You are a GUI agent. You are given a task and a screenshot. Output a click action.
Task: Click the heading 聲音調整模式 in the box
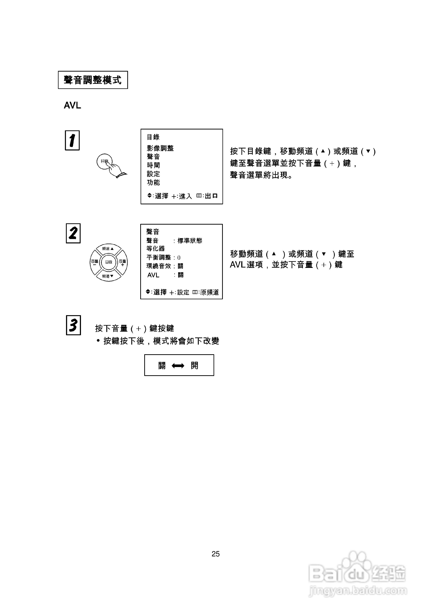(x=93, y=80)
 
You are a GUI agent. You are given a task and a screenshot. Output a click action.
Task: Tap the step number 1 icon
(x=72, y=140)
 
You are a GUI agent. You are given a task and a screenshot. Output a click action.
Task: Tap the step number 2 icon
(x=73, y=233)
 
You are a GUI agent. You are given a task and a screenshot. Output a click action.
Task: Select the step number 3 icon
(x=73, y=325)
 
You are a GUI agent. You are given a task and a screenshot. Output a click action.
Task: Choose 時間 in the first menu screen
(x=153, y=165)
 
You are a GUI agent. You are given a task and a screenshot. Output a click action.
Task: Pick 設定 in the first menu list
(x=153, y=174)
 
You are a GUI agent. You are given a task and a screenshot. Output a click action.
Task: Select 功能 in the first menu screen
(x=153, y=182)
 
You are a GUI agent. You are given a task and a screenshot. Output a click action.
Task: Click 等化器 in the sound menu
(x=156, y=249)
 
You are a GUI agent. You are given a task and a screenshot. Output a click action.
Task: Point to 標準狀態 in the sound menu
(x=190, y=240)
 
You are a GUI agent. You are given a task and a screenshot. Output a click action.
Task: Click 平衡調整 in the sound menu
(x=158, y=257)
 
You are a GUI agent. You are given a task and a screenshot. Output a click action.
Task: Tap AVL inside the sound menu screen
(x=153, y=275)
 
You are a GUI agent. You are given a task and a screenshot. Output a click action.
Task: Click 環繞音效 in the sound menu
(x=158, y=266)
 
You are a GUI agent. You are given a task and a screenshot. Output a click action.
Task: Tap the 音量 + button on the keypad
(x=123, y=263)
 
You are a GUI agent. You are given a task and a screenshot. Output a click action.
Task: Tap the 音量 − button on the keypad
(x=94, y=263)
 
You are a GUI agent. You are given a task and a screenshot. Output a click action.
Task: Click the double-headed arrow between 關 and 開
(x=178, y=366)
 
